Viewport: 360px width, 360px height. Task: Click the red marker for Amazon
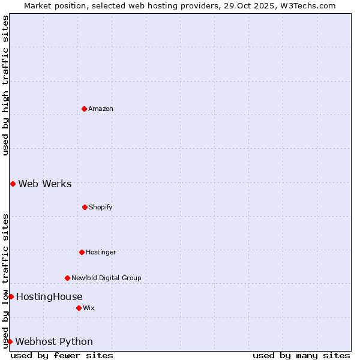click(84, 109)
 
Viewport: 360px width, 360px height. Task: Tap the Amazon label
click(101, 109)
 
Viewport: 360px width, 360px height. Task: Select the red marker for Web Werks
click(13, 184)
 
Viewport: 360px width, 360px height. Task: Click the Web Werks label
click(45, 184)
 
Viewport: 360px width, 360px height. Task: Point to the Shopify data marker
click(85, 207)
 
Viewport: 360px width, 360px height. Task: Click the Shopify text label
click(101, 207)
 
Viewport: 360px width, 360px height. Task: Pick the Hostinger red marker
click(82, 252)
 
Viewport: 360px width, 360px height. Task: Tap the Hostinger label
click(101, 252)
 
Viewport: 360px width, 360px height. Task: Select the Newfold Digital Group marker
click(67, 278)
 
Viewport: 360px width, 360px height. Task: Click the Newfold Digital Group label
click(106, 278)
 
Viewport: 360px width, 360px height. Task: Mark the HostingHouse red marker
click(11, 296)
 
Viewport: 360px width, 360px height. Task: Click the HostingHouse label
click(49, 296)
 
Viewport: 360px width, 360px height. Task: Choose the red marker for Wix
click(79, 308)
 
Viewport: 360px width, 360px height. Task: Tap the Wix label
click(89, 308)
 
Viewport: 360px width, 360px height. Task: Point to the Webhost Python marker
click(10, 341)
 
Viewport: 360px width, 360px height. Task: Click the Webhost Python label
click(54, 341)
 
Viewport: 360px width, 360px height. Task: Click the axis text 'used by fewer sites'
click(62, 355)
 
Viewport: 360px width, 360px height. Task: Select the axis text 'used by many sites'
click(301, 355)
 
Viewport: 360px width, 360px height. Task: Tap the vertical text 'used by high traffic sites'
click(5, 85)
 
